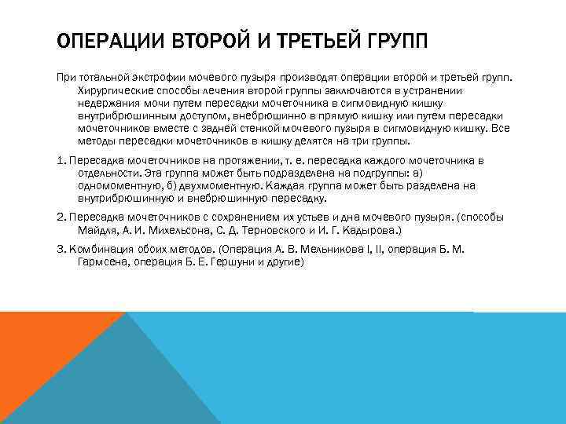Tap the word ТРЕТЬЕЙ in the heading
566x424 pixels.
(307, 41)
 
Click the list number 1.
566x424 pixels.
(61, 160)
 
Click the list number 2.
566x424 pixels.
(61, 216)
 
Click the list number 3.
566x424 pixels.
(61, 249)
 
